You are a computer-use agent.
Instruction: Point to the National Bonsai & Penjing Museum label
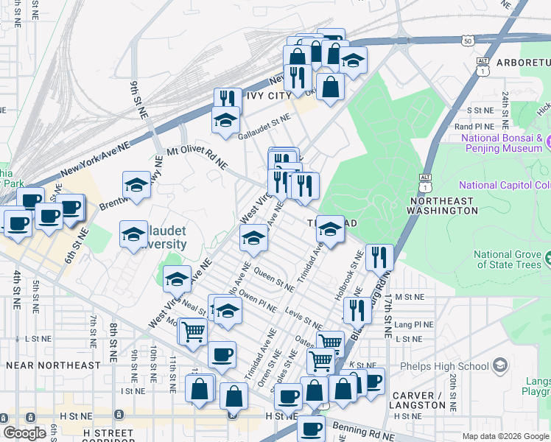502,143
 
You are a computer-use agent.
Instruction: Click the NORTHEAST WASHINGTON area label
443,206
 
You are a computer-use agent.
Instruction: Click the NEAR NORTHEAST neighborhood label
53,365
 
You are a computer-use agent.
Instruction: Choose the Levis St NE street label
303,319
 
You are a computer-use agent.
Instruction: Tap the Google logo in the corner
24,433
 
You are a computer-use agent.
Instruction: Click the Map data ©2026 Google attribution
505,436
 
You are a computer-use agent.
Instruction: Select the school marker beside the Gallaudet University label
133,235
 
